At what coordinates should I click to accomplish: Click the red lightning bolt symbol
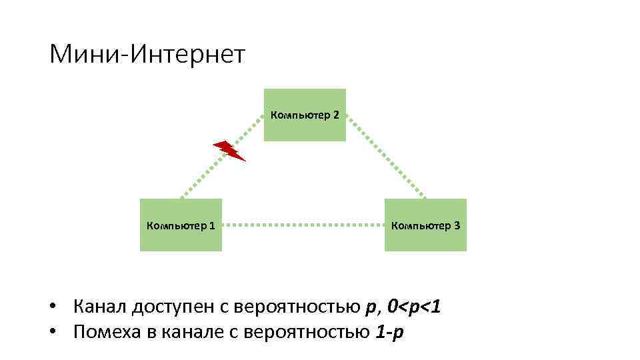tap(229, 151)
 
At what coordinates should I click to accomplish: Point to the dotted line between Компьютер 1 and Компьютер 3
tap(303, 225)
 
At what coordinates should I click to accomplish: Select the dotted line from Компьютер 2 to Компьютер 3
tap(387, 157)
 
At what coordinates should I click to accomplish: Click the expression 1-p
tap(389, 331)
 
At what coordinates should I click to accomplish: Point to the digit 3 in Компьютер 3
tap(456, 225)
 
